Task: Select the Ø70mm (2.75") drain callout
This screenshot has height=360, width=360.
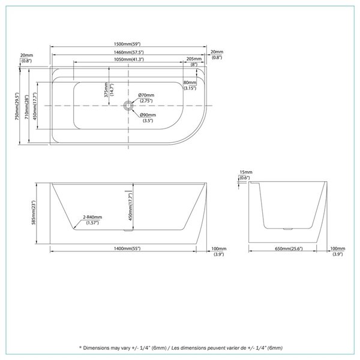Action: point(146,98)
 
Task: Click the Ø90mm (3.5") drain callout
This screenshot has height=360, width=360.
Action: point(148,118)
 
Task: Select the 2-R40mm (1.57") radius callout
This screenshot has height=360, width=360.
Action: point(93,220)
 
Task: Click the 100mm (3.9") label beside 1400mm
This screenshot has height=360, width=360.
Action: point(219,251)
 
